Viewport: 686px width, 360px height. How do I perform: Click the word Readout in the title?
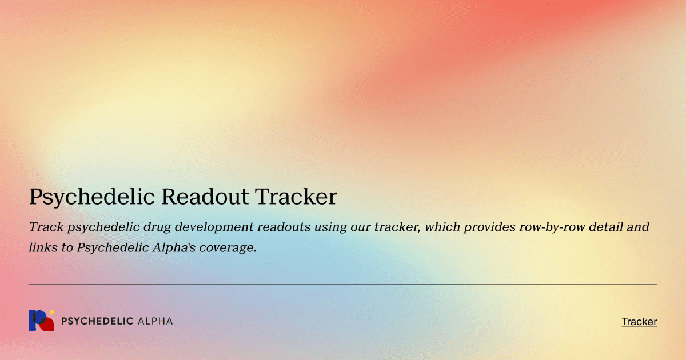click(205, 197)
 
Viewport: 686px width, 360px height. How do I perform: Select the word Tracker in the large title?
click(296, 197)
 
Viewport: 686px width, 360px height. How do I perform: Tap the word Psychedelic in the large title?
click(92, 197)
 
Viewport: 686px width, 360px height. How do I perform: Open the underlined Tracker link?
click(639, 322)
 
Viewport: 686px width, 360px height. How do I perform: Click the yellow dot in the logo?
click(51, 312)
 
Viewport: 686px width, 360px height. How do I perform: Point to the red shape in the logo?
click(48, 325)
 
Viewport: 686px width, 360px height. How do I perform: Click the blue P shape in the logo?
click(35, 321)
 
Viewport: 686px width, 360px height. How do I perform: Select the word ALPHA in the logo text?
click(155, 321)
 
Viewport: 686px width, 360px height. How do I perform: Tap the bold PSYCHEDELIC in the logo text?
click(97, 321)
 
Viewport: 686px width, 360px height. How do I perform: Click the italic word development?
click(214, 227)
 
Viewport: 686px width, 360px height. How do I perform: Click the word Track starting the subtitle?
click(46, 227)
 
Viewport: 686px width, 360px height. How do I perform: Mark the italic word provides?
click(489, 227)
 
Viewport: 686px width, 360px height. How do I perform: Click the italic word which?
click(442, 227)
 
